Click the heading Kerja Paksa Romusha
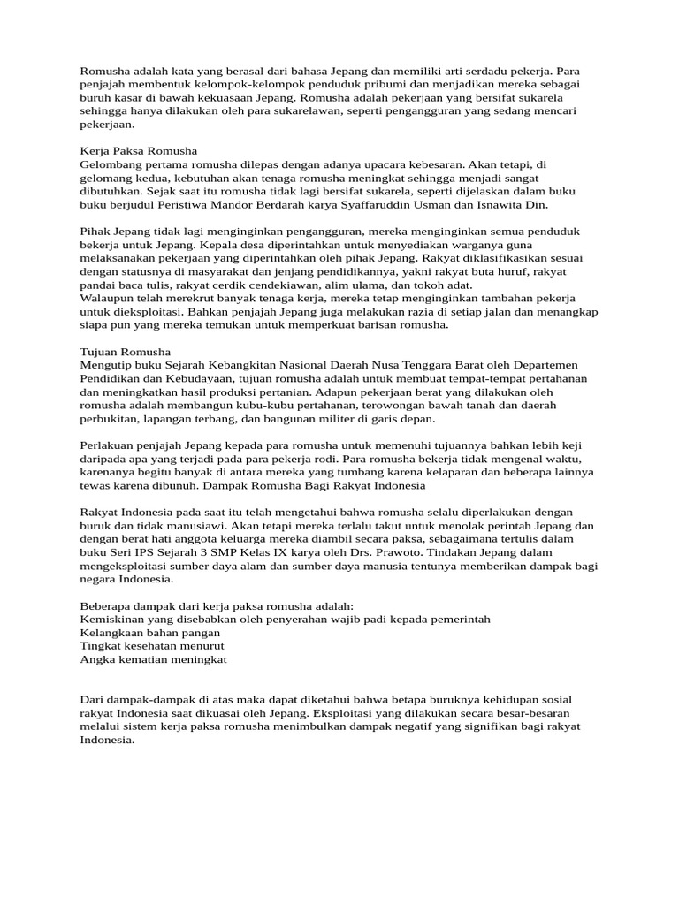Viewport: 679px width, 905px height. pyautogui.click(x=139, y=151)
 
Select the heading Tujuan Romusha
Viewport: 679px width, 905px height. pyautogui.click(x=126, y=352)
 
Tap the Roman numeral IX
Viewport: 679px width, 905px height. pyautogui.click(x=260, y=552)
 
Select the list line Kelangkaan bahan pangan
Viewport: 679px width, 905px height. pyautogui.click(x=150, y=633)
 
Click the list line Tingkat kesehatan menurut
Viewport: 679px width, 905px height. pyautogui.click(x=152, y=646)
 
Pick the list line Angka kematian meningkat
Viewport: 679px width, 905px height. pyautogui.click(x=154, y=659)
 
